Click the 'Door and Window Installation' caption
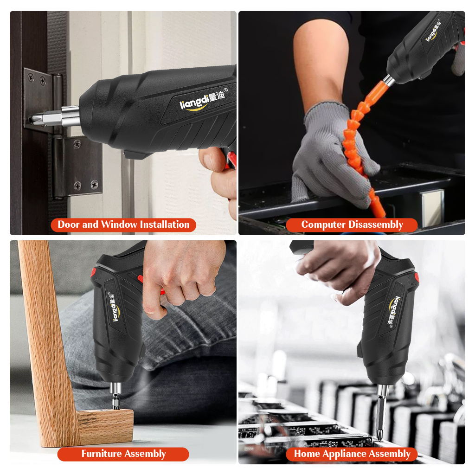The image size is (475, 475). click(123, 225)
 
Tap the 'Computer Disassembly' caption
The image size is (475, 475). click(352, 225)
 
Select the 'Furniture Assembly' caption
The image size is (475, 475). click(123, 454)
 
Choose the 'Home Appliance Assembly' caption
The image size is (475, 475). click(352, 454)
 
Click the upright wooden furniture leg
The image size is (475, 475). click(45, 342)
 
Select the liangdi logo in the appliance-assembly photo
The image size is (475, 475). click(394, 312)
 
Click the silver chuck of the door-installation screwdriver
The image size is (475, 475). click(71, 116)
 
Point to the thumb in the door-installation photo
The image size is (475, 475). click(212, 158)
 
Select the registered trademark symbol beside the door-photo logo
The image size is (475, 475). click(225, 90)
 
